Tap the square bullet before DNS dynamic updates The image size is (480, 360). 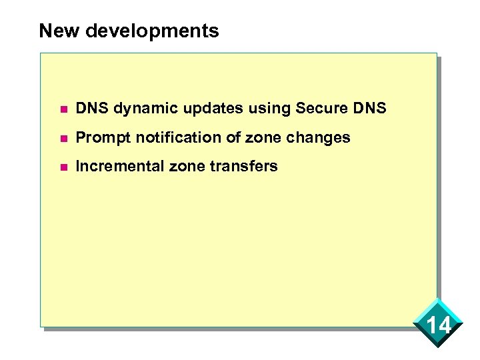click(x=63, y=109)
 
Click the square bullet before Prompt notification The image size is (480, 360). click(x=63, y=138)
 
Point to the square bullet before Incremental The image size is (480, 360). click(x=63, y=167)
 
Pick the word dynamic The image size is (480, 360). click(x=136, y=108)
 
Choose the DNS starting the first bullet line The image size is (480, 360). click(x=91, y=108)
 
